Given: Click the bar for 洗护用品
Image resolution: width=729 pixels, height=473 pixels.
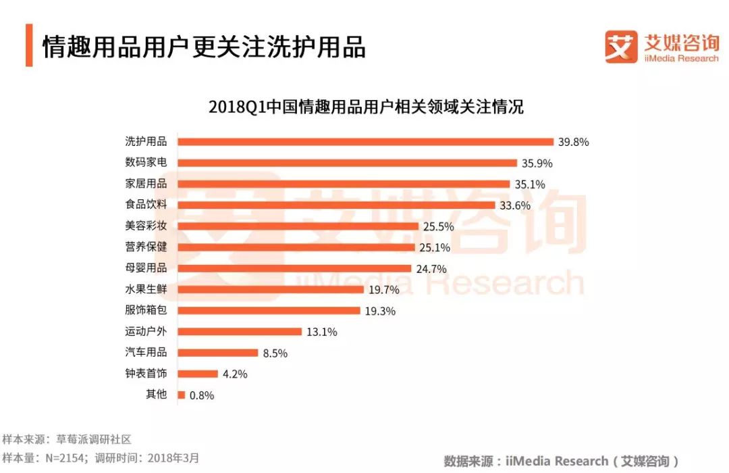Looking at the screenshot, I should pos(365,142).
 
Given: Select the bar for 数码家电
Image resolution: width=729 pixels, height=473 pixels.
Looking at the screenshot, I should pos(347,163).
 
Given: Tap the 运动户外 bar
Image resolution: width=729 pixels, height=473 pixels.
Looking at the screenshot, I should pos(240,332).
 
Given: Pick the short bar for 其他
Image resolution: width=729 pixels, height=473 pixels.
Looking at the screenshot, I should pos(182,395).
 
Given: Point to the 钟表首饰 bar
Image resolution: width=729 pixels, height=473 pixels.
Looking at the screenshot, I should pos(198,374).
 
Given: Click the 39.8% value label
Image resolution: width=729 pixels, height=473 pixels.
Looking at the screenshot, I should pos(574,142).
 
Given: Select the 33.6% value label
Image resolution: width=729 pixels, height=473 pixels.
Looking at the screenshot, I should pos(514,205).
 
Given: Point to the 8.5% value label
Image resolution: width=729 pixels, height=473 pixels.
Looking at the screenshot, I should pos(276,353).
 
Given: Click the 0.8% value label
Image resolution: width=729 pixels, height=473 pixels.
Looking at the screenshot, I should pos(200,395).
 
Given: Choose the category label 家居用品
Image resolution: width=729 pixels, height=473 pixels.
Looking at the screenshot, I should pos(146,184).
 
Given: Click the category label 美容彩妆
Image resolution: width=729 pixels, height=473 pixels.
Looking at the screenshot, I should pos(146,226).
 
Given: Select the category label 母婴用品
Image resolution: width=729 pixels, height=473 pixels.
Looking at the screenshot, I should pos(146,268).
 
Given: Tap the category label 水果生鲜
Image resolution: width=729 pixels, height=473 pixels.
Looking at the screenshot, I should pos(146,290).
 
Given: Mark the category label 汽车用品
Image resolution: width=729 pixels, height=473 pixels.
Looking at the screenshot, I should pos(146,353).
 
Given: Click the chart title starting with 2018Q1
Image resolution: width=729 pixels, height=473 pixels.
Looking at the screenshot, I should pos(365,107).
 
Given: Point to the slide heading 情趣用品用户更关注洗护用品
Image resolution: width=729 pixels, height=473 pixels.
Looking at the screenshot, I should pos(203,47).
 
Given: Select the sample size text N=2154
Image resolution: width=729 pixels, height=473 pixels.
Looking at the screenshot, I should pos(64,457).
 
